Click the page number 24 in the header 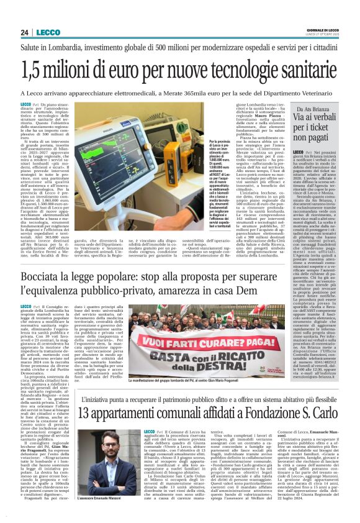coord(25,32)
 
